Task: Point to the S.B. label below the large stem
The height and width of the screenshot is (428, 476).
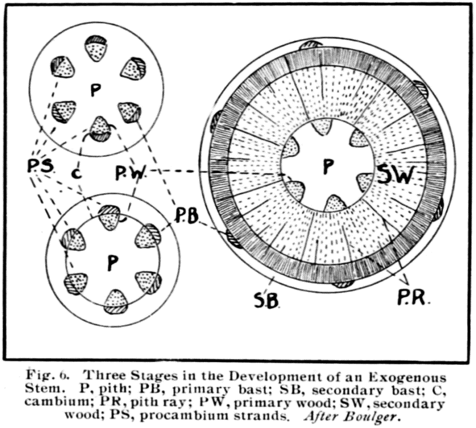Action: coord(267,299)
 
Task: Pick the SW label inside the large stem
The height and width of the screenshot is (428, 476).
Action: coord(397,174)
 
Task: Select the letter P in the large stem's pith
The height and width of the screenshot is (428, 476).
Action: coord(326,167)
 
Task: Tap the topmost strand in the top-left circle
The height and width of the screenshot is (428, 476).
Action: coord(96,48)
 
